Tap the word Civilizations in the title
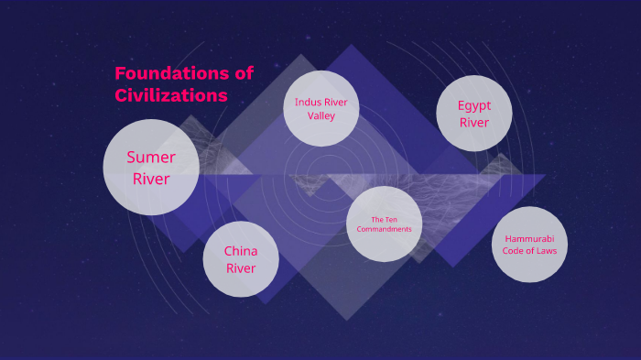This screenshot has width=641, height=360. click(171, 94)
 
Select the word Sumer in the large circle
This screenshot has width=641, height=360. click(151, 157)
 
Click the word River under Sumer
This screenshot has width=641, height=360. click(151, 179)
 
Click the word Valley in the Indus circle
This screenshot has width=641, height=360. click(321, 116)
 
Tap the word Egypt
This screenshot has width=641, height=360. click(474, 105)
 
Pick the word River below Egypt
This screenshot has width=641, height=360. click(474, 123)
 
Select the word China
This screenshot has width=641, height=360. click(241, 251)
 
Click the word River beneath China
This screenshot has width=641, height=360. click(241, 268)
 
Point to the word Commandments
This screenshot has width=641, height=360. click(385, 229)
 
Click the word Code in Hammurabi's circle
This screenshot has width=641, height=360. click(512, 250)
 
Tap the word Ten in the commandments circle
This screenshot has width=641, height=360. click(393, 220)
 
